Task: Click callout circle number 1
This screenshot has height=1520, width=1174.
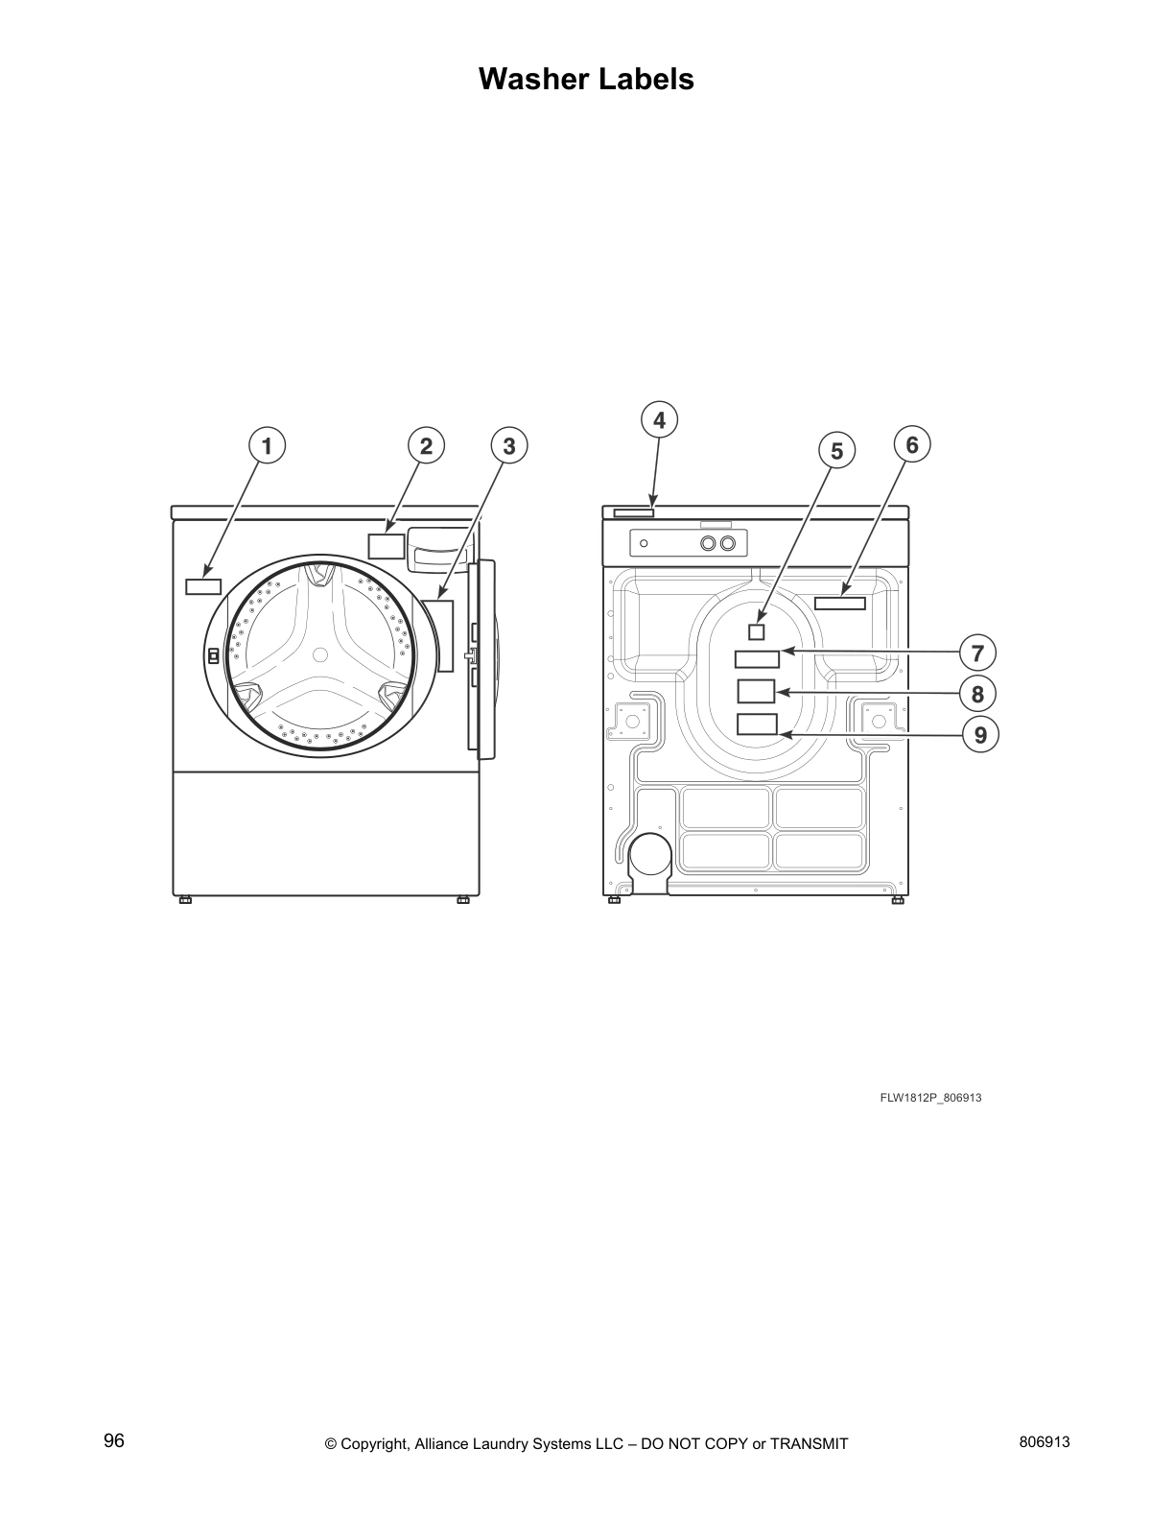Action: coord(267,446)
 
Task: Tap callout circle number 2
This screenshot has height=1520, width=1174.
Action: coord(426,446)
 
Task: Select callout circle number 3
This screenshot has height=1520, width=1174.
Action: coord(509,446)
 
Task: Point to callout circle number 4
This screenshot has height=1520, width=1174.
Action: coord(659,420)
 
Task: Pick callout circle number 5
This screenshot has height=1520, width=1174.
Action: coord(836,450)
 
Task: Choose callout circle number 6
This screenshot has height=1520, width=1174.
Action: coord(912,445)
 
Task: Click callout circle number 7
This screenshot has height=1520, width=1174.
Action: coord(977,653)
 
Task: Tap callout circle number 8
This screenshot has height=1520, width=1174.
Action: coord(977,693)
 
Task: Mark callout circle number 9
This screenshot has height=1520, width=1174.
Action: coord(980,735)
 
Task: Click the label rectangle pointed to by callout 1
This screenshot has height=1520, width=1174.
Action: coord(203,586)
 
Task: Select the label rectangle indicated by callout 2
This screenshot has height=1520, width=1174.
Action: coord(387,545)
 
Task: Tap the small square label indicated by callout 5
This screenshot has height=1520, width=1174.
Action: coord(757,631)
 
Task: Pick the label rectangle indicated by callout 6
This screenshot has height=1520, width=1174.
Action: coord(840,603)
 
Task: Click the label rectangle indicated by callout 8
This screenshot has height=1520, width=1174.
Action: coord(756,691)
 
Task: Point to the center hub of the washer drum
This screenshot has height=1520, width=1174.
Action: coord(320,654)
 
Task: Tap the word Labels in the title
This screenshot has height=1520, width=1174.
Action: coord(646,79)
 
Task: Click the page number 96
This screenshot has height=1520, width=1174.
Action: coord(114,1441)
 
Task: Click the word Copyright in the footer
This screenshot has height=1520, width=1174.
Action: coord(375,1443)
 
